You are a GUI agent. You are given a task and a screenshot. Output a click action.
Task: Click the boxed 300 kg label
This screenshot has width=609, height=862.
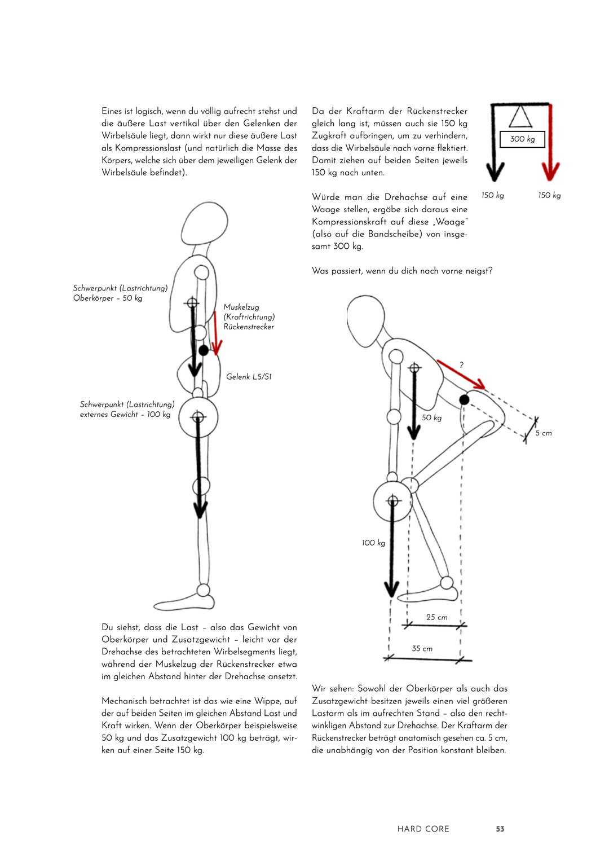point(523,139)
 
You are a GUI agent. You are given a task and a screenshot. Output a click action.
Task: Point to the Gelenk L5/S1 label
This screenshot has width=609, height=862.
point(249,377)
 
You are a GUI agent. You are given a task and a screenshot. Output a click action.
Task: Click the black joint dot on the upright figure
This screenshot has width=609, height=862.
point(204,350)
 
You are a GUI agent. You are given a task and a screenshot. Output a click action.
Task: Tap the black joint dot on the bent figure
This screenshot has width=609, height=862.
point(464,399)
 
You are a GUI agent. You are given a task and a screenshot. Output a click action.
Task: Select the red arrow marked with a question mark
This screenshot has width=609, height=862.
point(460,375)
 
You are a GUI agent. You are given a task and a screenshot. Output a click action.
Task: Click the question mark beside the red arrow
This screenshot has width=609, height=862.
point(461,365)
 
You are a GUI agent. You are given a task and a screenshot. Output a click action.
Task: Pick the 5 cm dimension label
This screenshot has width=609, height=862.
point(544,433)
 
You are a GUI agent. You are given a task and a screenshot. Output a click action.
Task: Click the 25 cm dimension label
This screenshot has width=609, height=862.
point(437,617)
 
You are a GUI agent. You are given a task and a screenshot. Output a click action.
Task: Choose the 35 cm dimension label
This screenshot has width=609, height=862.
point(422,649)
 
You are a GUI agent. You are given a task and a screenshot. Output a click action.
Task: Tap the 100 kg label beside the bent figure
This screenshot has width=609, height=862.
point(373,543)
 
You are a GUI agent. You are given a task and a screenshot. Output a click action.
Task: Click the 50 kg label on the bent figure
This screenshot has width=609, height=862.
point(432,418)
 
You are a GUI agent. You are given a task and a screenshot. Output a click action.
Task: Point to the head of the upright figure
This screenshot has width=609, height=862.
point(204,223)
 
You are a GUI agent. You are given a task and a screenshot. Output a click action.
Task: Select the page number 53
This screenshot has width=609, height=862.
point(500,829)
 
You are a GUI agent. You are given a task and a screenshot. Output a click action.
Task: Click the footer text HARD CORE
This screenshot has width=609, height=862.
point(423,829)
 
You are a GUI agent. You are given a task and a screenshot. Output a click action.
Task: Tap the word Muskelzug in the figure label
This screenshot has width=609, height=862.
point(241,307)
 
